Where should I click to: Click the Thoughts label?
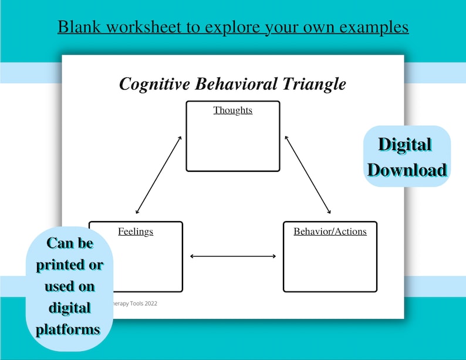point(233,110)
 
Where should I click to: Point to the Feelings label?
point(136,231)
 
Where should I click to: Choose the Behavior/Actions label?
point(330,231)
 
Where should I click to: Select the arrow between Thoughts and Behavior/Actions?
point(308,174)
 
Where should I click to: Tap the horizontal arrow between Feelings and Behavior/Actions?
point(233,256)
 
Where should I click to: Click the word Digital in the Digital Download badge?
point(404,145)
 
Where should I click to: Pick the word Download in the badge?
point(407,170)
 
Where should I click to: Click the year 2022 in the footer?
point(149,304)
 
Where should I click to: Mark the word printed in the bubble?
point(59,264)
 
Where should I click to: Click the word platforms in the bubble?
point(67,330)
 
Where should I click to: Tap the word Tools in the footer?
point(131,304)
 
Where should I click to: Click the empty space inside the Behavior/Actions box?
point(330,264)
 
